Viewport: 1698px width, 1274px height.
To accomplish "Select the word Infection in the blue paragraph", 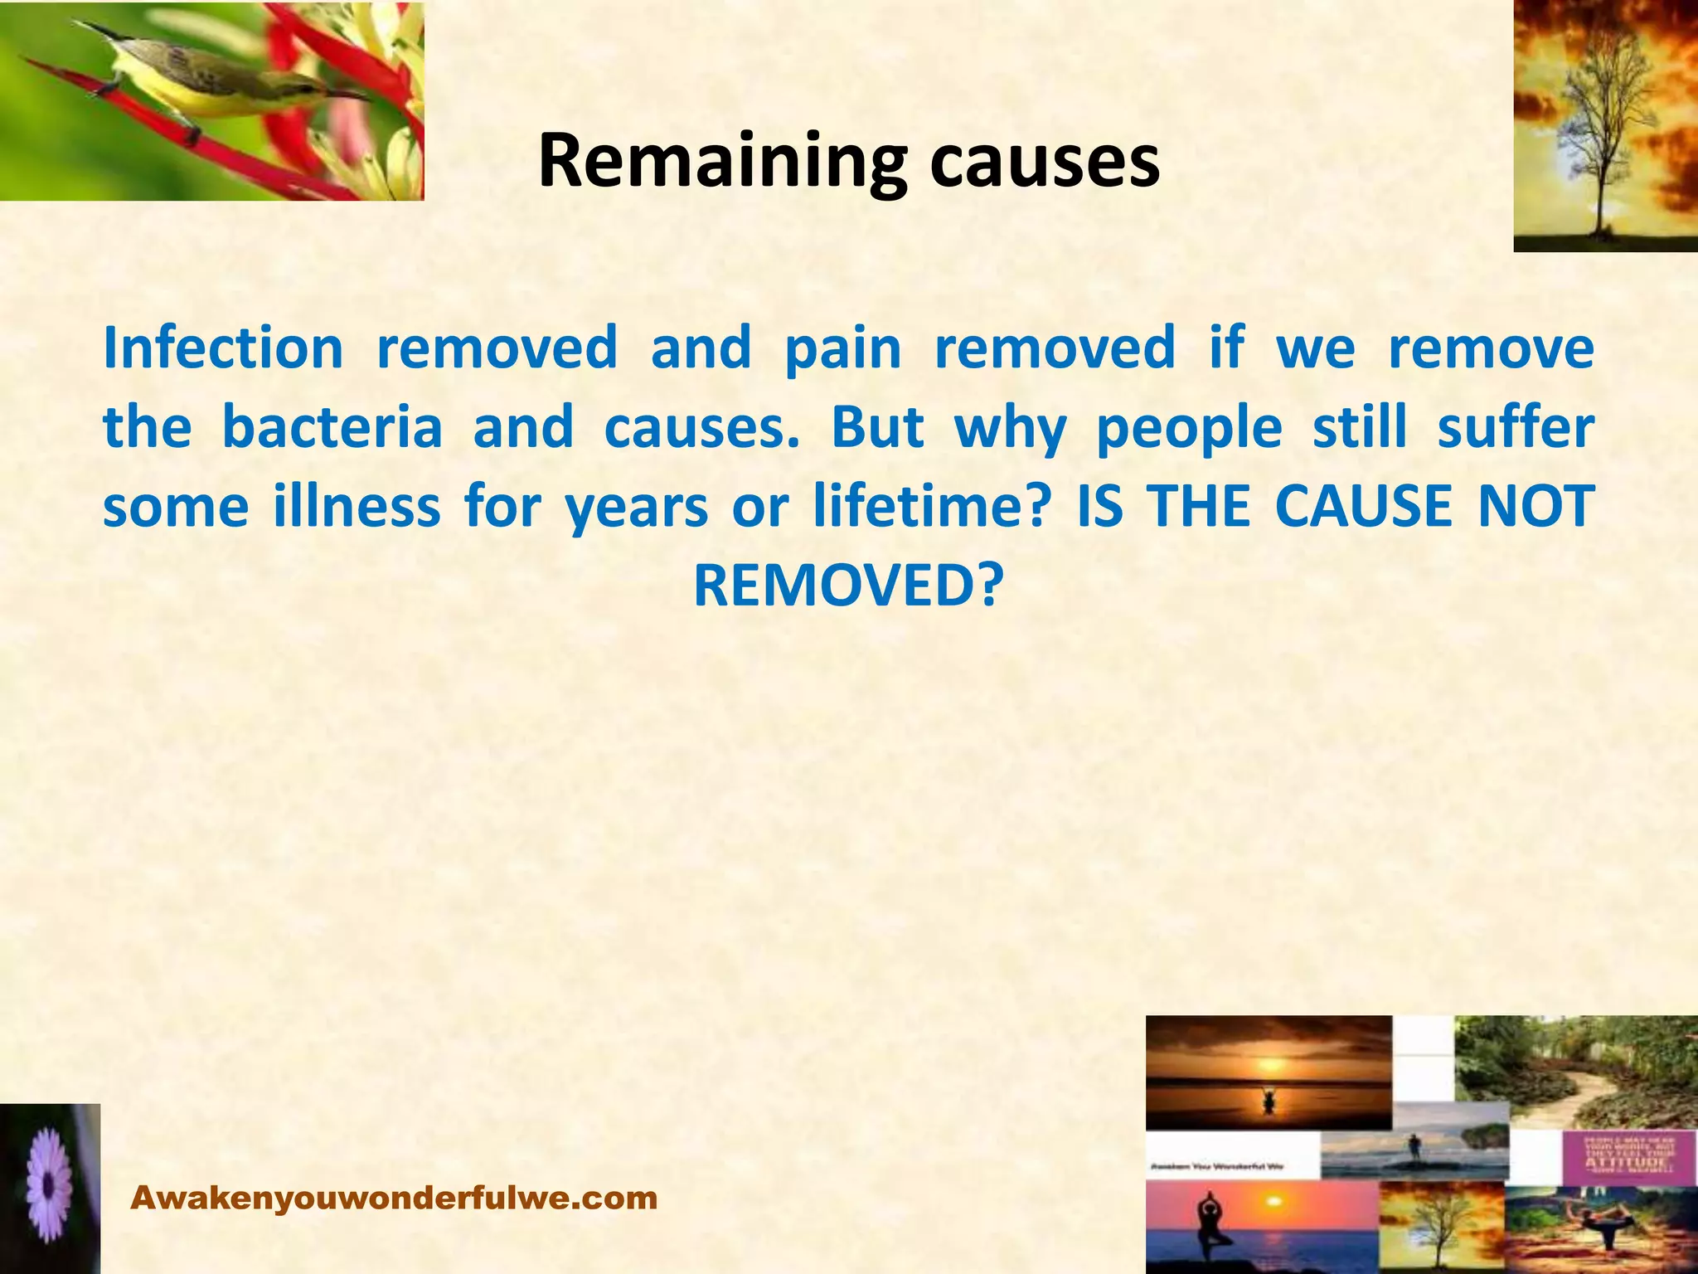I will [x=223, y=348].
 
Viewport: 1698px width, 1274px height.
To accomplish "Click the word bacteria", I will [x=332, y=427].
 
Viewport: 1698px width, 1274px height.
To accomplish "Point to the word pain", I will [x=842, y=349].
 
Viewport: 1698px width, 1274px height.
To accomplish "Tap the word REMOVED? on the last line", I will [x=848, y=586].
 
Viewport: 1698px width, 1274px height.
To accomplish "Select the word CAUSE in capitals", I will [x=1364, y=506].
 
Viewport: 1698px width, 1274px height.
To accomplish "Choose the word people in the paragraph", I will [x=1189, y=429].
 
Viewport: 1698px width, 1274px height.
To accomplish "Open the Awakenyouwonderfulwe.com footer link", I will [x=395, y=1198].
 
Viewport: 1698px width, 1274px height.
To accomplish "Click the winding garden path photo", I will [x=1575, y=1070].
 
